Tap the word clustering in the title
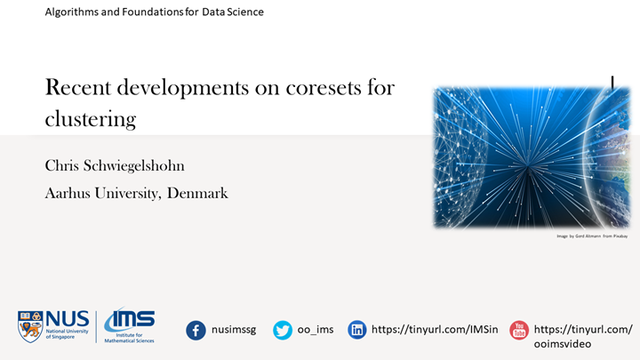(91, 117)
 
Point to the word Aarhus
(71, 192)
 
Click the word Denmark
(195, 192)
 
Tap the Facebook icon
(196, 330)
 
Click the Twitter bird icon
(283, 330)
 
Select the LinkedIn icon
(357, 330)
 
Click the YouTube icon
(518, 331)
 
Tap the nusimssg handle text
(234, 330)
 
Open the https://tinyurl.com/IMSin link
(430, 330)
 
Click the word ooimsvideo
(569, 344)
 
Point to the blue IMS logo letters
(130, 319)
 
